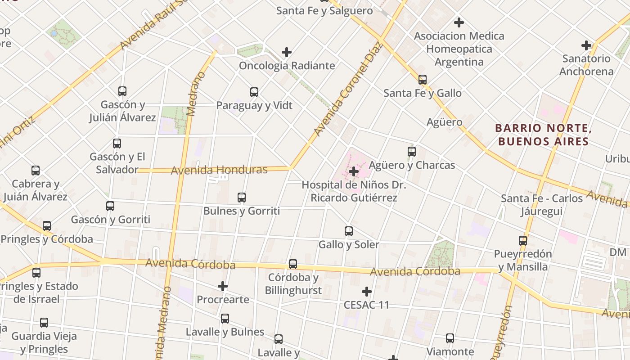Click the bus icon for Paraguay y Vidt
point(254,92)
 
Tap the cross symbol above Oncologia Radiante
point(287,53)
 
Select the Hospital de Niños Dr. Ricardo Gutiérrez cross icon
point(354,171)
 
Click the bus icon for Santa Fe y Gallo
point(423,80)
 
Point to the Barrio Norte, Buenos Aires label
point(542,135)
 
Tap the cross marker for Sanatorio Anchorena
point(586,45)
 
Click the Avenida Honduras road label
point(219,170)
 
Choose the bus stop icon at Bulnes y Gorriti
point(242,198)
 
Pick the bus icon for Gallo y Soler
point(349,231)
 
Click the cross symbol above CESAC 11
point(367,292)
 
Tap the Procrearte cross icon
point(223,286)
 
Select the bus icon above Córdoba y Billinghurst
point(293,264)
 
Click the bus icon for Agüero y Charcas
point(412,152)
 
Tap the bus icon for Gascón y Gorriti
point(110,206)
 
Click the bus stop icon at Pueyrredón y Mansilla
point(522,240)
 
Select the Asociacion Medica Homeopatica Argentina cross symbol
point(459,22)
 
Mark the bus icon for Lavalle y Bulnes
point(225,319)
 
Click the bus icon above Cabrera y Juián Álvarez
point(36,171)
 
